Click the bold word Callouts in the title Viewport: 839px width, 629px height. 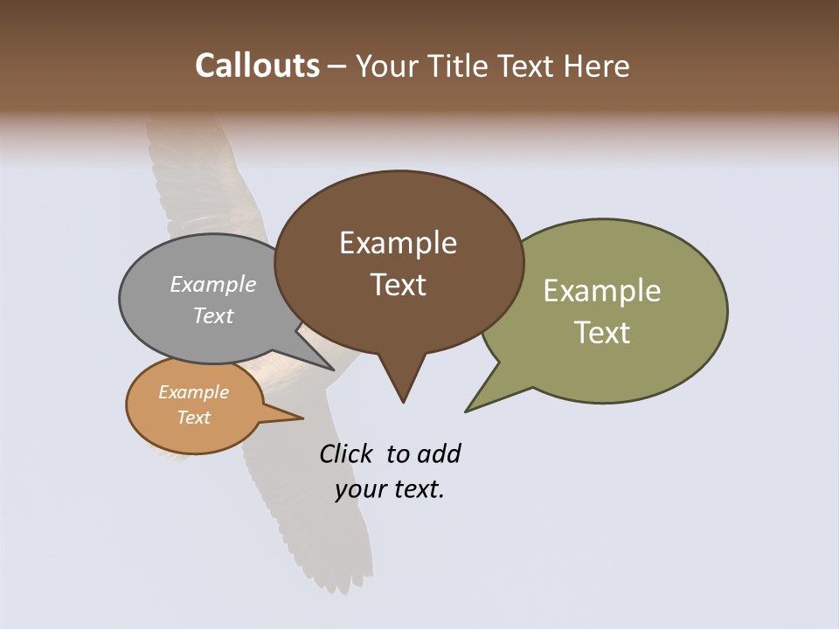[257, 66]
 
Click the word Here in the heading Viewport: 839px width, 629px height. [597, 66]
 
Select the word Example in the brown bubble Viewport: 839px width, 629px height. [398, 243]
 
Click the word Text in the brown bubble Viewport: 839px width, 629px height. [398, 284]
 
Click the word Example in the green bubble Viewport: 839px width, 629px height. [602, 290]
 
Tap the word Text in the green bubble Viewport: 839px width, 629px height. [602, 332]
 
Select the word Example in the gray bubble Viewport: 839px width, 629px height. [213, 284]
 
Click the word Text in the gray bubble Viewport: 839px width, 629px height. [213, 315]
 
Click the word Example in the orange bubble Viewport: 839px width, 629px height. [193, 392]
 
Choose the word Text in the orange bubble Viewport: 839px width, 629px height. [193, 418]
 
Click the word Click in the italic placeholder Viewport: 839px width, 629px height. [345, 453]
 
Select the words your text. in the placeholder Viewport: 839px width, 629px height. [390, 489]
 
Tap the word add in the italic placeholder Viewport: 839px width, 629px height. [440, 453]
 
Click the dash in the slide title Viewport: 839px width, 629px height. [337, 66]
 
